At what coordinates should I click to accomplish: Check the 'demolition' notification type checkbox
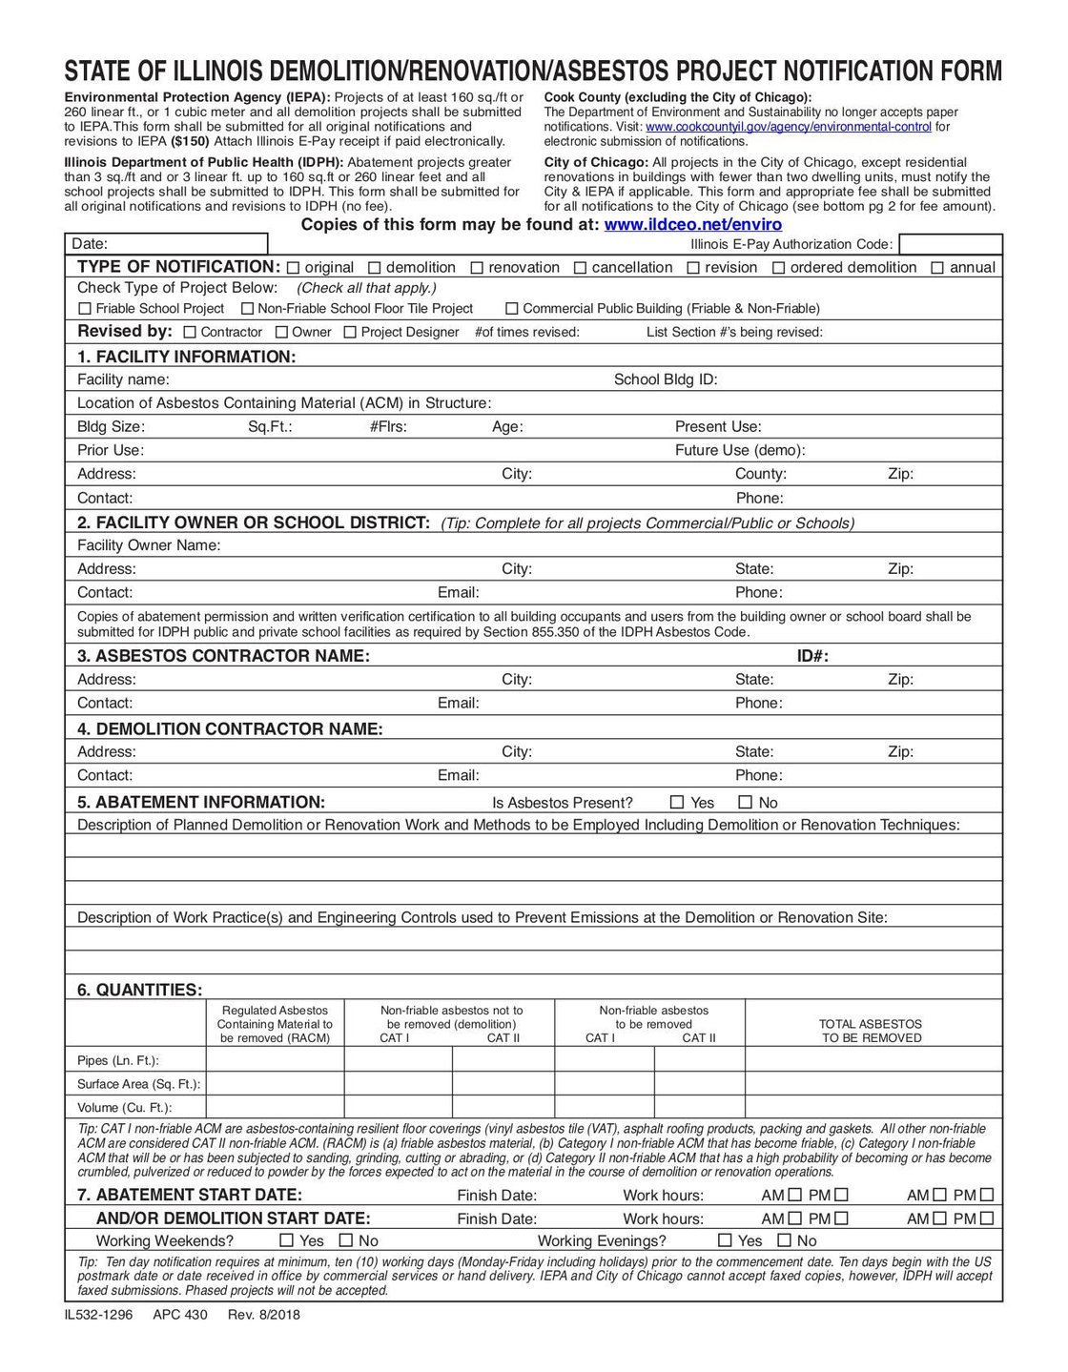pyautogui.click(x=375, y=268)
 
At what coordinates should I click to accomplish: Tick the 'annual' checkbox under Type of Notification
pyautogui.click(x=938, y=268)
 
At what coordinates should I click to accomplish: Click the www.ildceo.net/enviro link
pyautogui.click(x=693, y=225)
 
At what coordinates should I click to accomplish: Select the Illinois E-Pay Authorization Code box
pyautogui.click(x=950, y=245)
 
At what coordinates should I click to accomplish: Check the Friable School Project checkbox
pyautogui.click(x=85, y=309)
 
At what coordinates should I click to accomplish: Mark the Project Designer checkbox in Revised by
pyautogui.click(x=350, y=333)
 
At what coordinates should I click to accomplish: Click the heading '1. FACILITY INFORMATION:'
pyautogui.click(x=186, y=357)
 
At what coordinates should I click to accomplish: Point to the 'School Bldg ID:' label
pyautogui.click(x=665, y=379)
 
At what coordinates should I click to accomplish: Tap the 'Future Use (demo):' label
pyautogui.click(x=740, y=450)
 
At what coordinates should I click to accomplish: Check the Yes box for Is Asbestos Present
pyautogui.click(x=677, y=803)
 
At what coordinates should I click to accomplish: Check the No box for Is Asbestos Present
pyautogui.click(x=746, y=803)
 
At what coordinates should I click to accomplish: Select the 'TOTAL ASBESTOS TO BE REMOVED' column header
pyautogui.click(x=871, y=1031)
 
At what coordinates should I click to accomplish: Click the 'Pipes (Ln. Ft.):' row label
pyautogui.click(x=117, y=1061)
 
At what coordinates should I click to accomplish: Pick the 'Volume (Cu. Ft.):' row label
pyautogui.click(x=124, y=1108)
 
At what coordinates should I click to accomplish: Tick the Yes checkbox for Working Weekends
pyautogui.click(x=286, y=1241)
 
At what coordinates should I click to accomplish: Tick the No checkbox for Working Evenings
pyautogui.click(x=784, y=1241)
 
